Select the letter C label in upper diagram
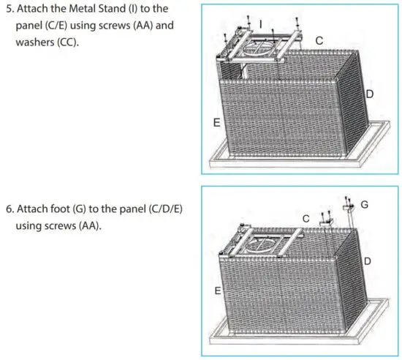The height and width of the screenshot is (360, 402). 320,41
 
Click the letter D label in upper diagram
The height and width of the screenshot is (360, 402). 370,95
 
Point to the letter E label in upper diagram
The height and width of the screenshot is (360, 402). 216,124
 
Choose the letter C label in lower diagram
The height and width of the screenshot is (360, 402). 306,217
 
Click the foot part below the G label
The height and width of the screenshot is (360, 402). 350,217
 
